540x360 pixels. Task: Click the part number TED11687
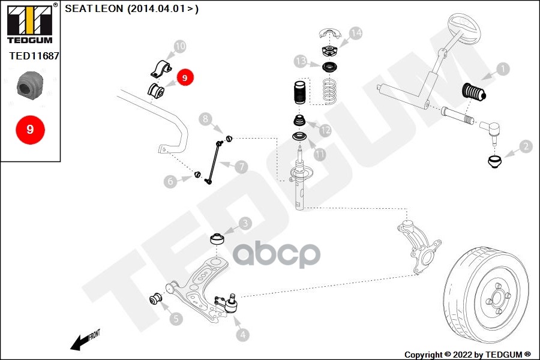click(x=34, y=56)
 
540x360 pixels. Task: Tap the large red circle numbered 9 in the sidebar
click(x=31, y=130)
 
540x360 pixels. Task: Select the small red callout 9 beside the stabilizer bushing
click(x=185, y=77)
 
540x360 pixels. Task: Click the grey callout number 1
click(x=503, y=69)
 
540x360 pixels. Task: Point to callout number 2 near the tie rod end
click(x=526, y=146)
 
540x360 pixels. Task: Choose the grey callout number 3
click(x=245, y=224)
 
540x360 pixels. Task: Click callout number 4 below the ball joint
click(x=243, y=335)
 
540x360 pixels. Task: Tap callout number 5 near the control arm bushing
click(x=176, y=319)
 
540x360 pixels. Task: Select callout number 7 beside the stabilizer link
click(x=241, y=167)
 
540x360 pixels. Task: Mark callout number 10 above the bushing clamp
click(x=180, y=46)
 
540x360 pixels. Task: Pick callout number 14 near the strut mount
click(x=356, y=33)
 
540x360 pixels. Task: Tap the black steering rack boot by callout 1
click(x=473, y=92)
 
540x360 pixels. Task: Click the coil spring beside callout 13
click(x=329, y=91)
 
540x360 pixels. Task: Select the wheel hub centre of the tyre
click(x=497, y=299)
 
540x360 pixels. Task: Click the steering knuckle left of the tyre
click(x=418, y=247)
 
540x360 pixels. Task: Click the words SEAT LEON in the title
click(x=94, y=8)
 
